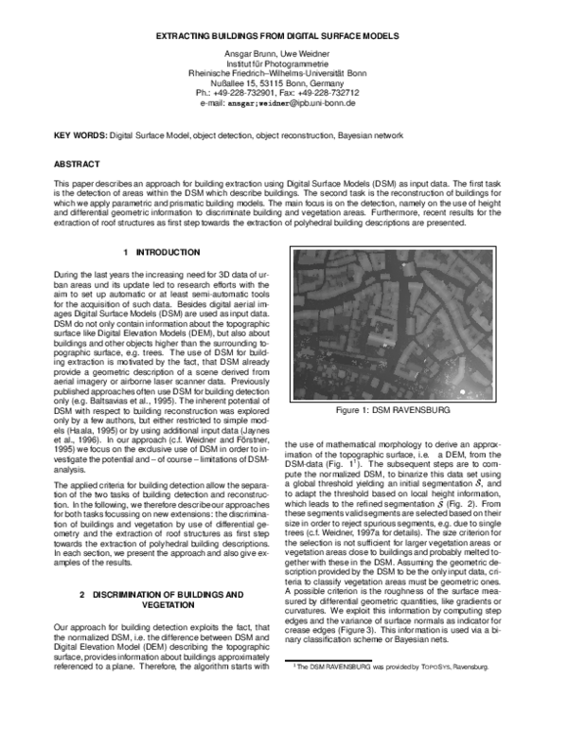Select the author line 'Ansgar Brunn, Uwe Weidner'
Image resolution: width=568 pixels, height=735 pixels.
tap(283, 53)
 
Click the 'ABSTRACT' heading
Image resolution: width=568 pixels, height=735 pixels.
tap(77, 164)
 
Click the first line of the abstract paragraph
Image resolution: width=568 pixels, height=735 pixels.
tap(283, 181)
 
